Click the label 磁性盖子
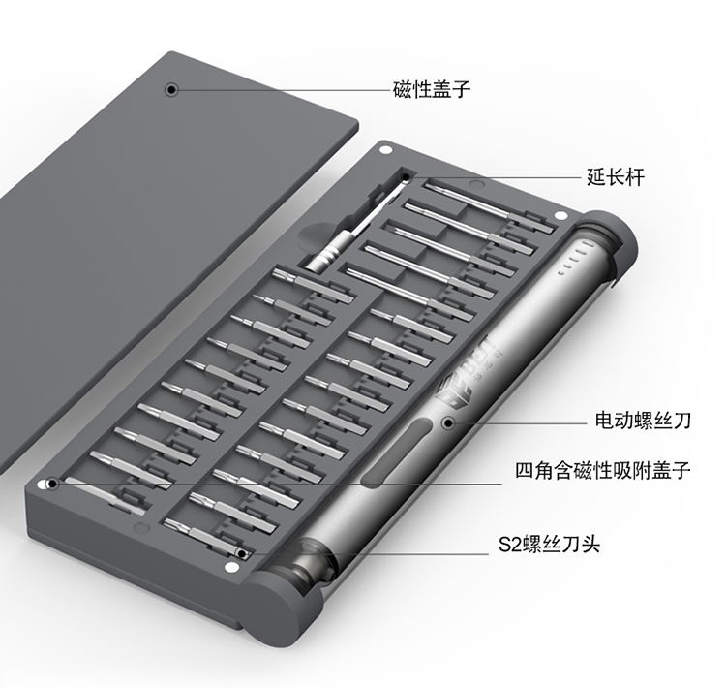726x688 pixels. [x=432, y=89]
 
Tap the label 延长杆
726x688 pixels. [x=616, y=177]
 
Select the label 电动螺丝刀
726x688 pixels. [x=643, y=421]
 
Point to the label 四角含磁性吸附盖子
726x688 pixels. [x=603, y=471]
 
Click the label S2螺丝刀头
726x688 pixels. [x=549, y=544]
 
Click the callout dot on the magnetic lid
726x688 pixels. [x=171, y=89]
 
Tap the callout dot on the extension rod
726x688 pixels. [x=406, y=177]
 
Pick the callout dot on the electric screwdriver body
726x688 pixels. [x=448, y=422]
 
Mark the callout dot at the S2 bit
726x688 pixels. [x=241, y=553]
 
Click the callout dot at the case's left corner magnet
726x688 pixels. [x=53, y=484]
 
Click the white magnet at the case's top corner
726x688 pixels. [x=384, y=150]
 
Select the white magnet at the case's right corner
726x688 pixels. [x=560, y=215]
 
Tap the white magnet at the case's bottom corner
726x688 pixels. [x=229, y=568]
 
